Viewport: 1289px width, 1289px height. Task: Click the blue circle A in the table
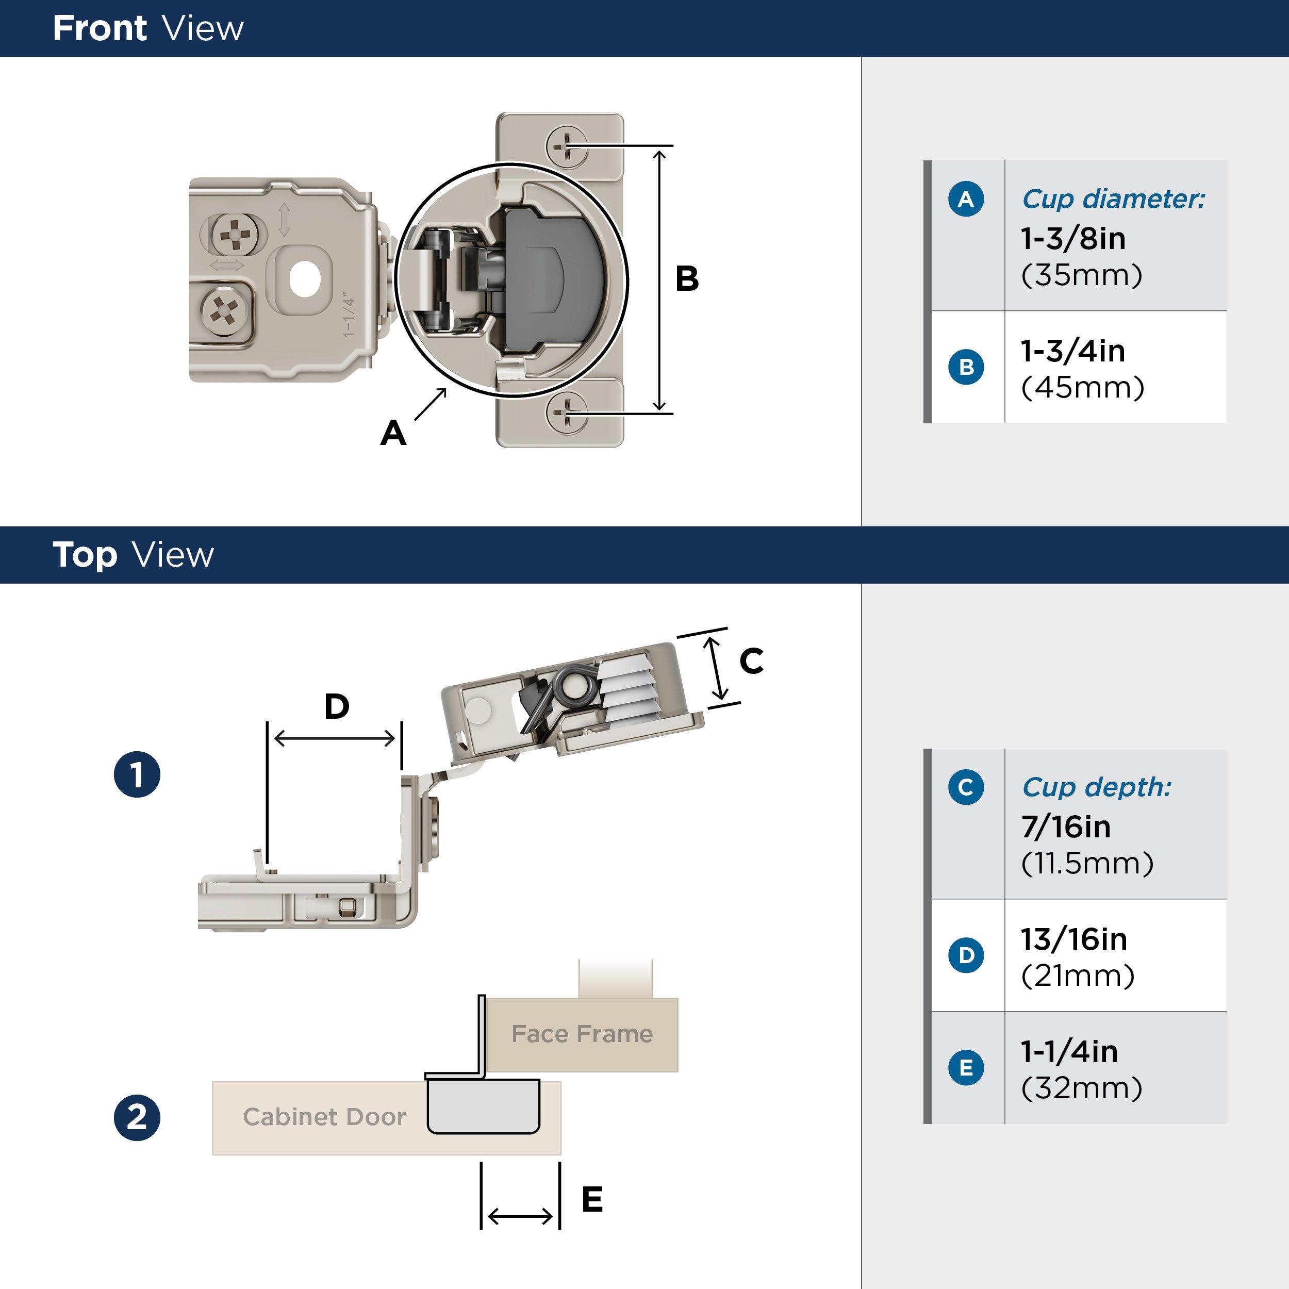965,199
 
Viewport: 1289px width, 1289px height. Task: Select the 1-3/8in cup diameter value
1073,239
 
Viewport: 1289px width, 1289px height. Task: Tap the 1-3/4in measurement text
1073,351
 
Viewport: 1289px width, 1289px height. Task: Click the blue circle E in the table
965,1067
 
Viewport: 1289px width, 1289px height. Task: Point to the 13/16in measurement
1073,939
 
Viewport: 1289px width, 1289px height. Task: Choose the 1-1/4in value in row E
1069,1051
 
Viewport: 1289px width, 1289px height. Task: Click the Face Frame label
582,1033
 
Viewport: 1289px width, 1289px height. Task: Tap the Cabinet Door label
324,1116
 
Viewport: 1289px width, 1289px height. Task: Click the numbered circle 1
137,774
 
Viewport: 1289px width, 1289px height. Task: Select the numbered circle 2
137,1117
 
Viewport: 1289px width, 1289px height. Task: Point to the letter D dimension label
336,706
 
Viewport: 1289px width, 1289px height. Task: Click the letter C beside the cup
751,661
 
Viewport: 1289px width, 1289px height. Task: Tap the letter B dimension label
687,279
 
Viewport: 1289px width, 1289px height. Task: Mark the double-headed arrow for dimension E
520,1216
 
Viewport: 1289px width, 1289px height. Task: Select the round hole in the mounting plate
304,279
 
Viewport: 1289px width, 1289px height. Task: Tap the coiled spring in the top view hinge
574,688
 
